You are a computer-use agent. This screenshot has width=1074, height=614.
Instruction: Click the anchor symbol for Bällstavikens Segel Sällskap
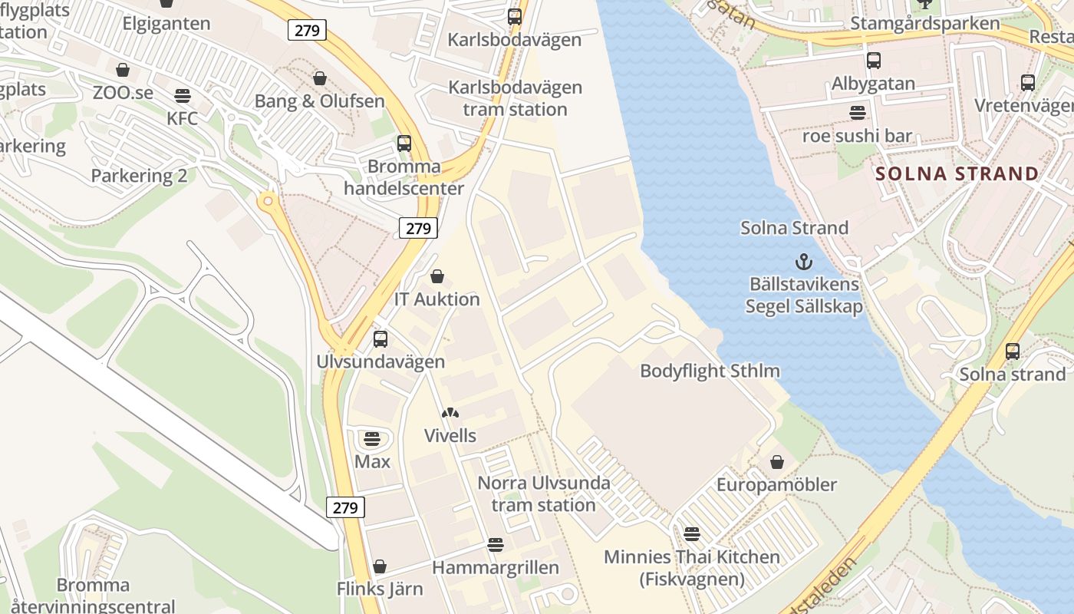coord(803,262)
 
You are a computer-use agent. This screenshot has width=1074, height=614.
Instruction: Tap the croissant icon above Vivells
coord(450,414)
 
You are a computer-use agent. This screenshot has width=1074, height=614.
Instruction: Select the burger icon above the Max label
coord(372,439)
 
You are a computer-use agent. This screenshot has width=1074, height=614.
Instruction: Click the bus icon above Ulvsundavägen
coord(381,339)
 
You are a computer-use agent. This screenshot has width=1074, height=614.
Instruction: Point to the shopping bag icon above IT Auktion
coord(437,276)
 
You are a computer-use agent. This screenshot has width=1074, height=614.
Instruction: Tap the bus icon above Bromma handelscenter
coord(404,144)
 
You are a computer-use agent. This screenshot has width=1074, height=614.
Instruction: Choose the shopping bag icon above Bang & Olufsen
coord(320,78)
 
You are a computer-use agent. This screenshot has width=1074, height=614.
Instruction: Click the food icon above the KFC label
coord(183,96)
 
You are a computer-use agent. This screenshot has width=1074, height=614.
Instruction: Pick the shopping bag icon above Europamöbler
coord(777,462)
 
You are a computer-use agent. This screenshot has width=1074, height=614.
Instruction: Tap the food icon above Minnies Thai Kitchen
coord(692,534)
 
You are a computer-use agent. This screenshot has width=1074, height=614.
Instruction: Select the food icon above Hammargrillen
coord(496,545)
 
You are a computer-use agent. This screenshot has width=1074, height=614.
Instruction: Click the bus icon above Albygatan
coord(873,61)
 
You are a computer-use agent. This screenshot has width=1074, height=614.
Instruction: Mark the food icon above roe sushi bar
coord(858,113)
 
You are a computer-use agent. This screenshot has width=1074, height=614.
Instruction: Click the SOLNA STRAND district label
coord(957,173)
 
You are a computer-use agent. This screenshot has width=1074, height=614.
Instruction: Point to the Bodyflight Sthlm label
coord(710,371)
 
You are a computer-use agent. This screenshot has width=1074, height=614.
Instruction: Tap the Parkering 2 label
coord(139,176)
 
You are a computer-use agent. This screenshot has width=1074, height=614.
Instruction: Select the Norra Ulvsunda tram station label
coord(544,494)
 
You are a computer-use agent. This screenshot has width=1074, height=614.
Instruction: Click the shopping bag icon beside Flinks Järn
coord(379,566)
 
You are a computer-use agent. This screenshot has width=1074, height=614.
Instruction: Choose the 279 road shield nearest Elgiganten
coord(308,31)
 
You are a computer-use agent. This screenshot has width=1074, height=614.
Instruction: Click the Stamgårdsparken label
coord(925,23)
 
